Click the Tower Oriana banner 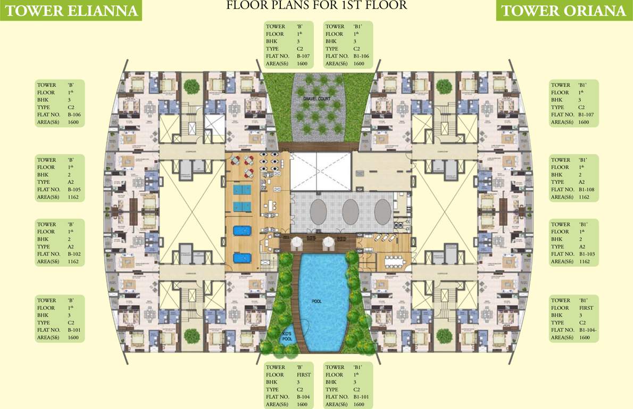[563, 11]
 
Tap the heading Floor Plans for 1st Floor [316, 6]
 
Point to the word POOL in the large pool [317, 301]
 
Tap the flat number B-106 [74, 115]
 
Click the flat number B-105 [74, 190]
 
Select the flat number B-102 [74, 254]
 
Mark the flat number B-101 [74, 330]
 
